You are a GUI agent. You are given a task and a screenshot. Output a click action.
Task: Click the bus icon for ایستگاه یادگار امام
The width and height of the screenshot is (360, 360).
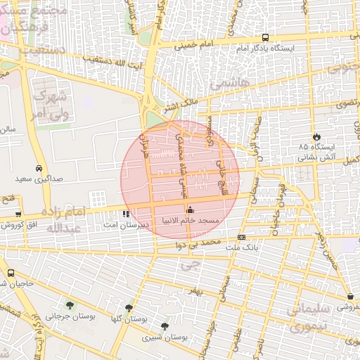click(265, 38)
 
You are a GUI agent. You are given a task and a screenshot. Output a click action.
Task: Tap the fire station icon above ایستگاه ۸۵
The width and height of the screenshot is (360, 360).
click(316, 136)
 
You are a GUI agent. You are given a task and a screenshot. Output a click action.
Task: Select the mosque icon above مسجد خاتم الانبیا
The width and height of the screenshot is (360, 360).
click(189, 210)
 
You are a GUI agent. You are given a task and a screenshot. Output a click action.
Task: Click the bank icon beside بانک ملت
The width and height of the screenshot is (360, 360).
click(241, 238)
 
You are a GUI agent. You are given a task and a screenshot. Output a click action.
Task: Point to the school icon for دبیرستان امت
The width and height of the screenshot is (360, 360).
click(125, 214)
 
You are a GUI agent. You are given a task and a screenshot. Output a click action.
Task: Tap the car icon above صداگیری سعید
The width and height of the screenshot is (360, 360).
click(39, 169)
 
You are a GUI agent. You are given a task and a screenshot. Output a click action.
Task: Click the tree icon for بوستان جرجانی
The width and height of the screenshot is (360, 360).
click(70, 304)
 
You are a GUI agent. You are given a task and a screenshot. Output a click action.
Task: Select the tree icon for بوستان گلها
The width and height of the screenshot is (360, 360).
click(128, 308)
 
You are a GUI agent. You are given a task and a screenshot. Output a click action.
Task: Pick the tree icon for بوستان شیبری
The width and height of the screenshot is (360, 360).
click(165, 326)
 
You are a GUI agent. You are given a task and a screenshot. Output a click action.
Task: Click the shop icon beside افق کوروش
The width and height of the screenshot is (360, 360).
click(18, 214)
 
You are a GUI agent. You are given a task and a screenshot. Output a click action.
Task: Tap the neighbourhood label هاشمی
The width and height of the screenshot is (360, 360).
click(234, 82)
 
